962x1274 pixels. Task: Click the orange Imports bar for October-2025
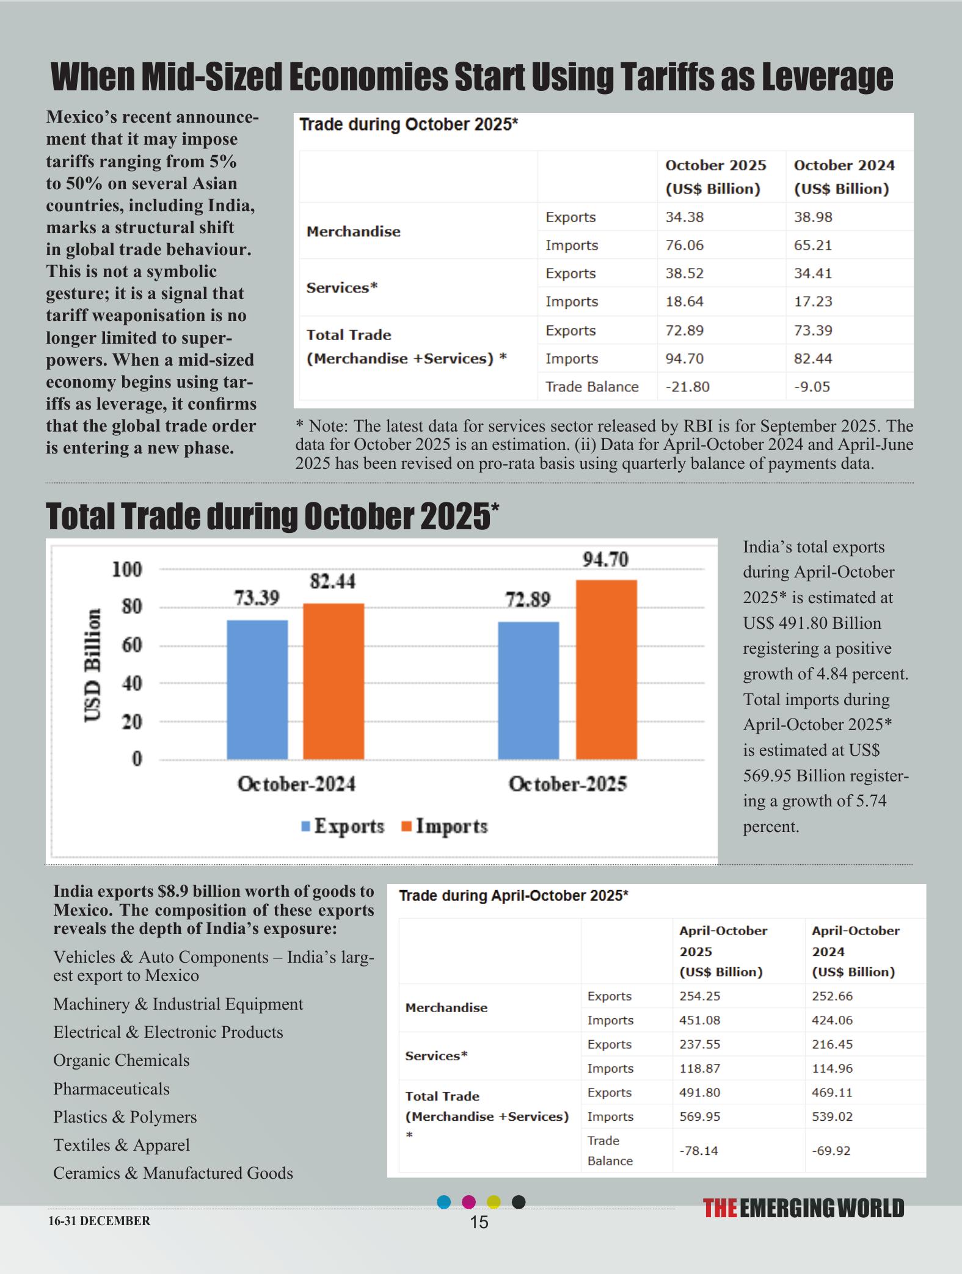606,670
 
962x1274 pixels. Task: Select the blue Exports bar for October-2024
257,690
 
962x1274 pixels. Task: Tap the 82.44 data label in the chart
332,582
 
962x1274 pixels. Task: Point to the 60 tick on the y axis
131,645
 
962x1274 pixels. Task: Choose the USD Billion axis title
93,665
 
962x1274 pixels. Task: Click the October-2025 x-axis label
568,784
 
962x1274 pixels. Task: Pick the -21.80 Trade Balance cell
687,387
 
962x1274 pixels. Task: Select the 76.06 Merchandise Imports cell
684,245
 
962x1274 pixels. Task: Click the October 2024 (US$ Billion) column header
844,177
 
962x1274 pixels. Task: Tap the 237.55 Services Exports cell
699,1044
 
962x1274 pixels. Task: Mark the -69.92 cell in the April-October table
831,1151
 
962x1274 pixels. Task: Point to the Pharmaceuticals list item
111,1089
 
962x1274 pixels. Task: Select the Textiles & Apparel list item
122,1145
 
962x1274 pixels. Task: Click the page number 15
479,1222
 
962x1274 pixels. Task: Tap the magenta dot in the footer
468,1202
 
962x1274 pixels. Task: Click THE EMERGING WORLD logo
803,1209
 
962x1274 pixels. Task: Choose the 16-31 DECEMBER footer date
99,1221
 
